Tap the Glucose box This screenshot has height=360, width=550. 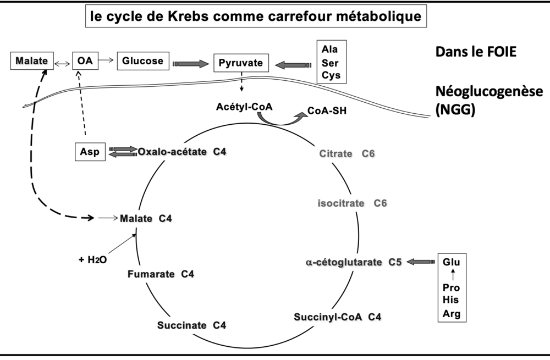pos(142,60)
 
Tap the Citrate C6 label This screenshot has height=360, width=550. pos(347,153)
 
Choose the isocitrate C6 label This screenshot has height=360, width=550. pos(352,203)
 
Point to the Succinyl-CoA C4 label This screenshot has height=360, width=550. pos(337,317)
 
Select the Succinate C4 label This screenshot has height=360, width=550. pos(191,325)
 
